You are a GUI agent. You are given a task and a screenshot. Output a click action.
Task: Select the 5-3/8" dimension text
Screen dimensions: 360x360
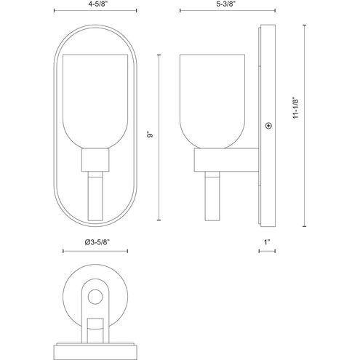227,4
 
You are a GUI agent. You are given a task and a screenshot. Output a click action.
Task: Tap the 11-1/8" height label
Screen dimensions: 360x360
296,108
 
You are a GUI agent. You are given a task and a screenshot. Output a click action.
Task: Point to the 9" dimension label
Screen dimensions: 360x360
151,135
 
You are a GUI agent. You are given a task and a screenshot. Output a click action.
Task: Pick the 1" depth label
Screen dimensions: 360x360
267,242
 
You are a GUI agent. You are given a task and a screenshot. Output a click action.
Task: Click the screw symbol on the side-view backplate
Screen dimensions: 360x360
268,126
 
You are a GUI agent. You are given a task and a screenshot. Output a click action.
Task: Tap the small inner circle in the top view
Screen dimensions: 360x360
95,297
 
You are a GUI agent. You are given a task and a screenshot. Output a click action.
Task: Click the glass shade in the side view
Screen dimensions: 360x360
212,101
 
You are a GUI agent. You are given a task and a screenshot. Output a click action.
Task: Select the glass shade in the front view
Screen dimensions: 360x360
95,101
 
